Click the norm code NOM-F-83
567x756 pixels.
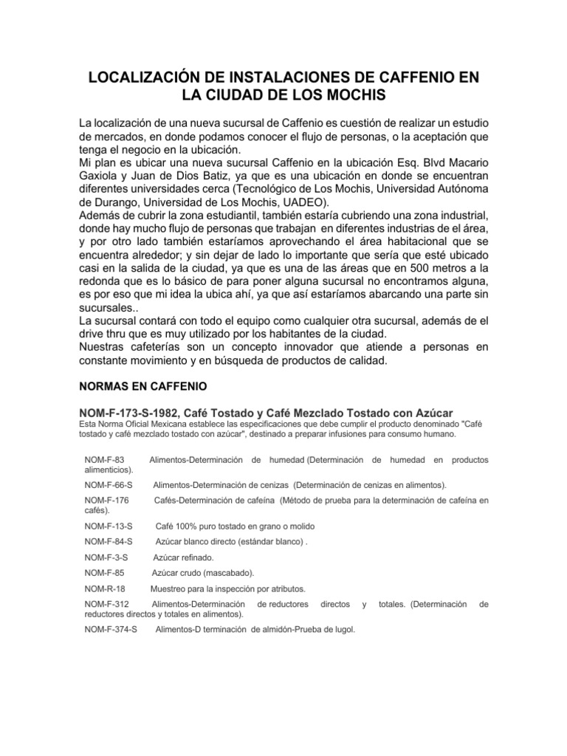click(x=103, y=459)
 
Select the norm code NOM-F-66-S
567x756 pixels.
click(x=109, y=484)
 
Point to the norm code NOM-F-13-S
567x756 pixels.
click(x=109, y=526)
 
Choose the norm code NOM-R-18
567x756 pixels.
click(x=105, y=588)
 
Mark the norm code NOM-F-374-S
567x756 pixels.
click(x=111, y=630)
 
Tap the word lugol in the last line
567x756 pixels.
click(x=342, y=630)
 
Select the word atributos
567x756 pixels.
click(x=284, y=588)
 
